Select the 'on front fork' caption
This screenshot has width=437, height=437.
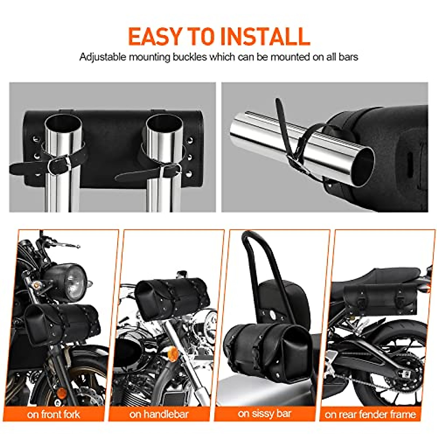click(54, 414)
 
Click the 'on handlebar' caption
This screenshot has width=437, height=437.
click(159, 414)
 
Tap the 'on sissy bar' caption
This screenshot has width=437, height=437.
click(264, 413)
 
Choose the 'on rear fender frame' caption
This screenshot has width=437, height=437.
click(370, 414)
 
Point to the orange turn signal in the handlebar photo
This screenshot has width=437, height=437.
click(173, 354)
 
